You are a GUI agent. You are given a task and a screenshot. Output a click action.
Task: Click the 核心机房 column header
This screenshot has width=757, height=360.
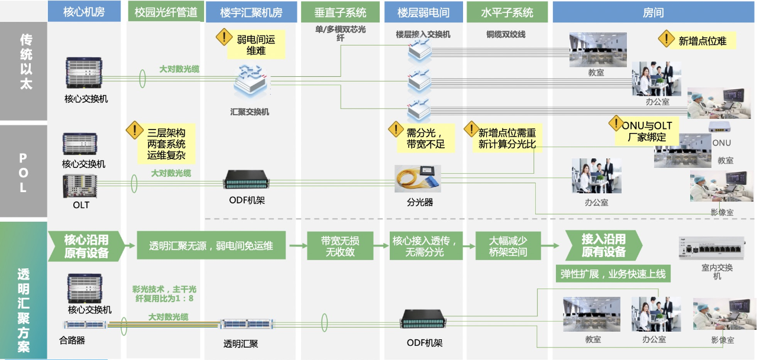(84, 12)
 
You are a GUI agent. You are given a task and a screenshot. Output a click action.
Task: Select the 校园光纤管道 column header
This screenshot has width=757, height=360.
(166, 12)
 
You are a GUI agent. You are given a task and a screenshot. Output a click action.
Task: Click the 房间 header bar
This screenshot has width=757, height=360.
(653, 12)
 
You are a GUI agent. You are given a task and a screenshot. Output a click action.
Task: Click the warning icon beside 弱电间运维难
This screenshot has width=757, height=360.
(224, 38)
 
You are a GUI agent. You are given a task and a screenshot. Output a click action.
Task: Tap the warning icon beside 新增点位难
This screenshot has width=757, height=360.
(667, 40)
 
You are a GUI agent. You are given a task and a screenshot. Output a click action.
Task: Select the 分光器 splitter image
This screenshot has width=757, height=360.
(418, 179)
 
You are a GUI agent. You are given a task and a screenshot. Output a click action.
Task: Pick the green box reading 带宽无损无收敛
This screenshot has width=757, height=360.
(340, 246)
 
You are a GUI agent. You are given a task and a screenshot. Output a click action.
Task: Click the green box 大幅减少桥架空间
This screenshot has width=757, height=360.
(508, 246)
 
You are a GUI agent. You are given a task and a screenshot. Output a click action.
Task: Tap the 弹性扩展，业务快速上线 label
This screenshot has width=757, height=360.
(613, 274)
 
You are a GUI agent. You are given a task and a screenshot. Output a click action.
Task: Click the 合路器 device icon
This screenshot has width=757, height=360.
(85, 324)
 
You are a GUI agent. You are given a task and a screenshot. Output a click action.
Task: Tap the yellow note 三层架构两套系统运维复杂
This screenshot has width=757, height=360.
(166, 144)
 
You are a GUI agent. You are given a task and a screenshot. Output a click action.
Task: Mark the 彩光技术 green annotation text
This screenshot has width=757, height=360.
(164, 294)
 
